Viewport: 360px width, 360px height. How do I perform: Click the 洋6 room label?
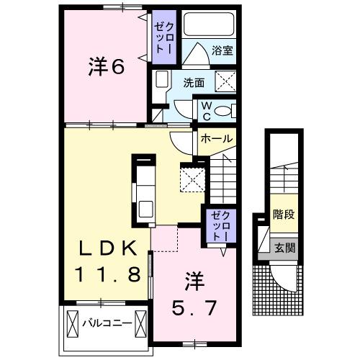tap(107, 68)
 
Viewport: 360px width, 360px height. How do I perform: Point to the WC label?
tap(204, 109)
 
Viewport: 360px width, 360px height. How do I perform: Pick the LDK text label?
tap(107, 250)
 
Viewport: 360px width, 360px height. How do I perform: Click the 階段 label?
tap(283, 215)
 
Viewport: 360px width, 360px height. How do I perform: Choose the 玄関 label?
tap(282, 248)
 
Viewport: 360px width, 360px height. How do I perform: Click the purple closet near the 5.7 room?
tap(219, 225)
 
